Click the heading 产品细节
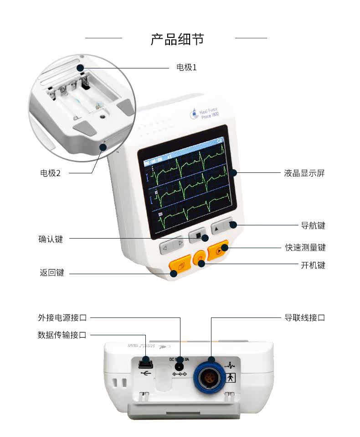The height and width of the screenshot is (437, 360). (x=177, y=39)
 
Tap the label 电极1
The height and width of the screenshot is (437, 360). (x=186, y=68)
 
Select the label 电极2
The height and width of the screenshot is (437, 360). (x=51, y=173)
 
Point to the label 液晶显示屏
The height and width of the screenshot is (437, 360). (x=304, y=173)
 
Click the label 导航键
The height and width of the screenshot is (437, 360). (x=313, y=225)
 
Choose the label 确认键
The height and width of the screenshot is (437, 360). (x=51, y=239)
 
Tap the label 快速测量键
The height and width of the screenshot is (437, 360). (x=305, y=248)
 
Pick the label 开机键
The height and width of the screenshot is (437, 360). (x=313, y=265)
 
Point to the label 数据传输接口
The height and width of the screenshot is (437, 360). (x=62, y=335)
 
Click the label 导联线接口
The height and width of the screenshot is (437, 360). (x=305, y=317)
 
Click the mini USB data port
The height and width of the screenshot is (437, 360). (x=145, y=364)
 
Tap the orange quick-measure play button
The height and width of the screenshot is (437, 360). (x=218, y=250)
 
